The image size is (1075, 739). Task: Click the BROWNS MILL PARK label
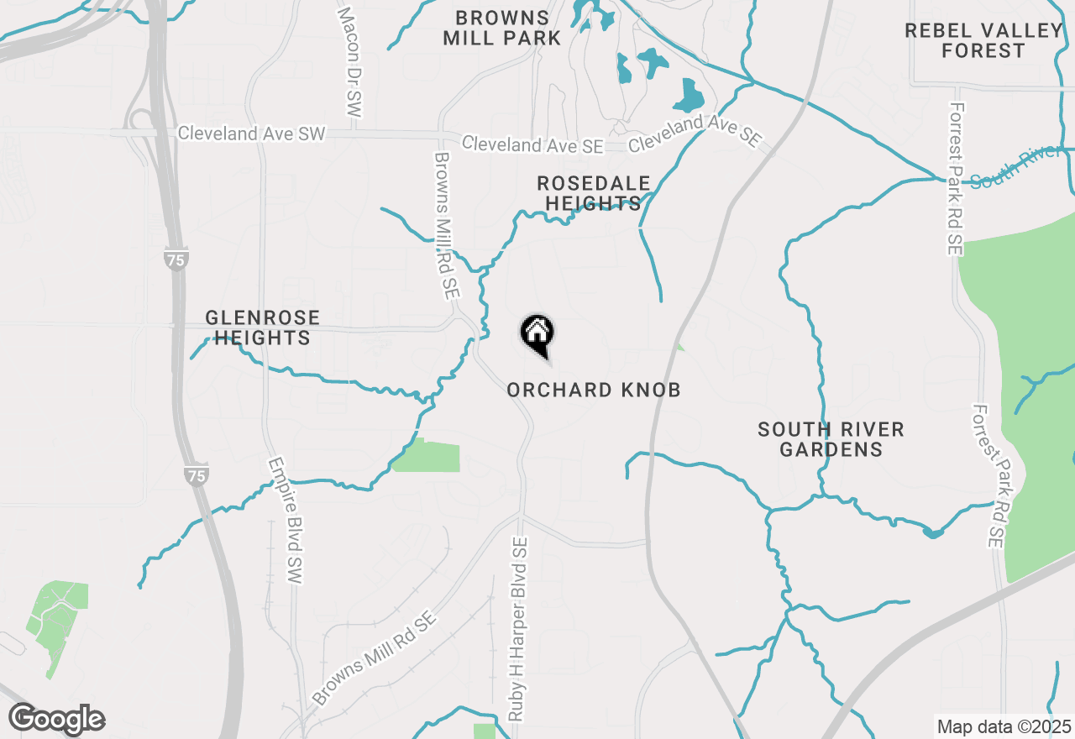502,28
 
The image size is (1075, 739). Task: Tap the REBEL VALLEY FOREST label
983,40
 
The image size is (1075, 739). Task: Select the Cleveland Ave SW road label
251,134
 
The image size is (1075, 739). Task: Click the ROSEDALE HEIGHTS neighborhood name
594,193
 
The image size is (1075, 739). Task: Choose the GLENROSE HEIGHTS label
263,328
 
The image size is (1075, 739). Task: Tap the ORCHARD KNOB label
594,390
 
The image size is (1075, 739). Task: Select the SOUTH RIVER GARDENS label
831,439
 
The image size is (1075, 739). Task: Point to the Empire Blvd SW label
285,521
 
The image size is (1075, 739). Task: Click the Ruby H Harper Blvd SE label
517,630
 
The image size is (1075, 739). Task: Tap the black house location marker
537,333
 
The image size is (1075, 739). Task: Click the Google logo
56,719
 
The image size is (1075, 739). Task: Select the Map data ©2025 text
1004,726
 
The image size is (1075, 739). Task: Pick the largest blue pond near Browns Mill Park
690,96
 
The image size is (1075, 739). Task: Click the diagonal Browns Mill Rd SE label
374,658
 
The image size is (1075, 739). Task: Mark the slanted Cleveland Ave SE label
695,133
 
